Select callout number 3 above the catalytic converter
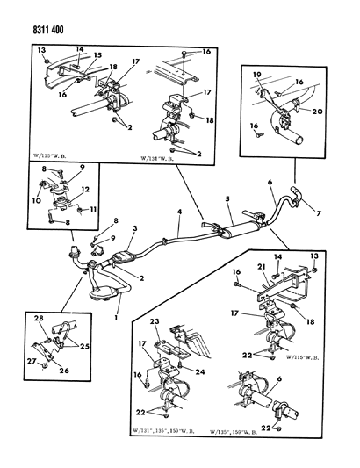tap(134, 229)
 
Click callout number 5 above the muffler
tap(230, 199)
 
